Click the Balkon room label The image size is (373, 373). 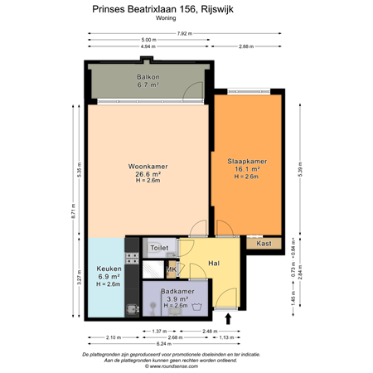click(x=147, y=76)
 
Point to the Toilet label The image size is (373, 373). click(x=158, y=248)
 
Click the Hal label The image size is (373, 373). click(x=214, y=263)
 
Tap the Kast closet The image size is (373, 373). click(x=264, y=244)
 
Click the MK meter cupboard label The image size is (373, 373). click(x=172, y=269)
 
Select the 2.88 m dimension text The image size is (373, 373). click(x=246, y=47)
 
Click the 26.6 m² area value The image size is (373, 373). click(x=149, y=174)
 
